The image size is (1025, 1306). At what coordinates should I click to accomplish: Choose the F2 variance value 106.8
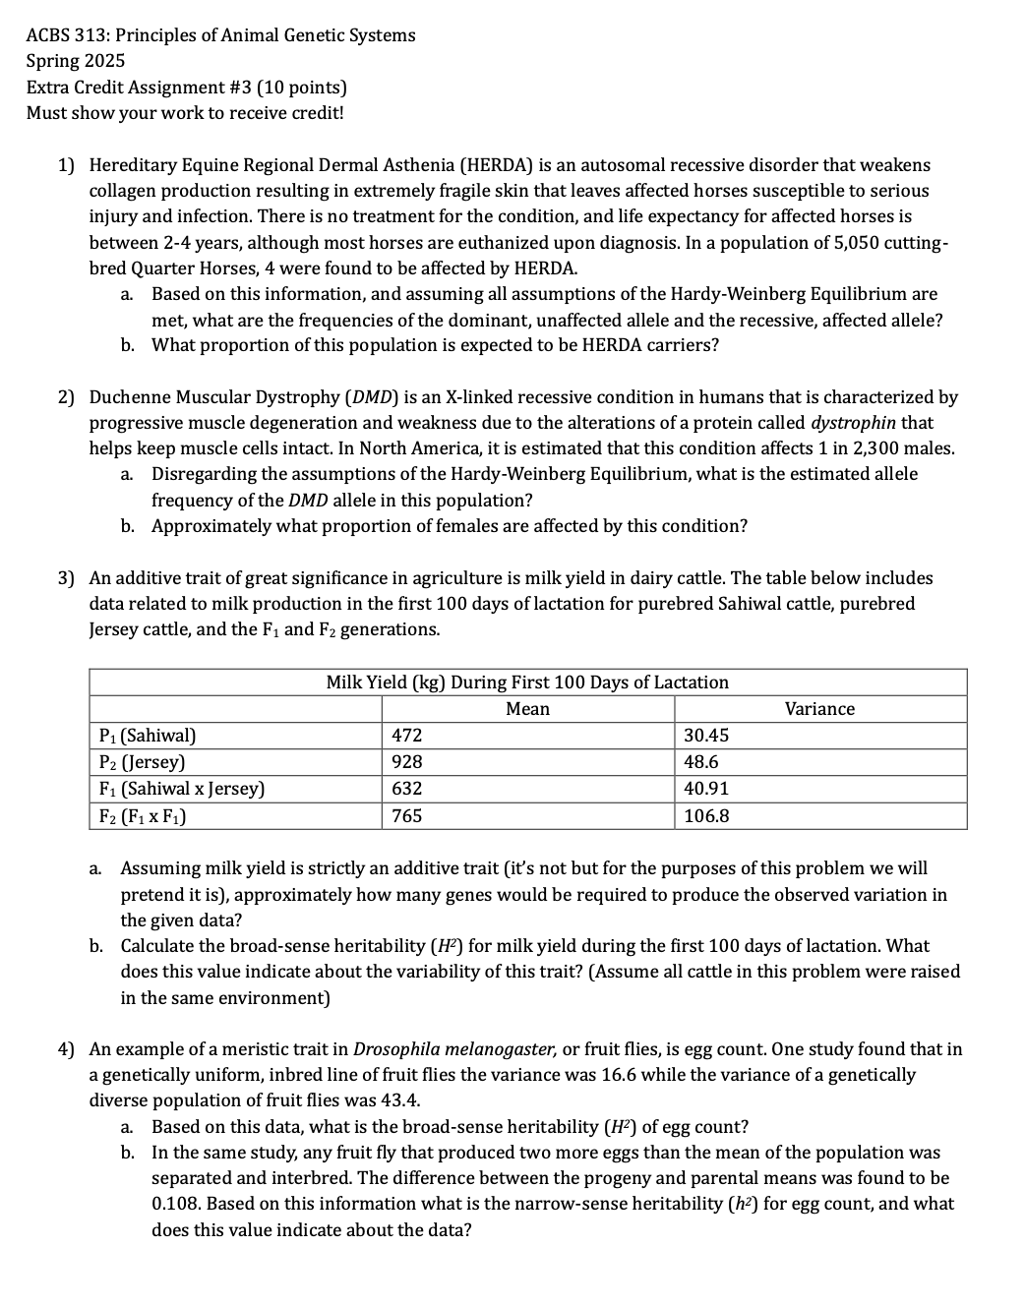pyautogui.click(x=706, y=816)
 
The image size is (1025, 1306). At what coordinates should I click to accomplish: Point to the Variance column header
pyautogui.click(x=819, y=709)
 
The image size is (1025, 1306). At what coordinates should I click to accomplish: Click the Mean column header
pyautogui.click(x=527, y=709)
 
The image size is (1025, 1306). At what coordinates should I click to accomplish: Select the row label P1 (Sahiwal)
pyautogui.click(x=148, y=736)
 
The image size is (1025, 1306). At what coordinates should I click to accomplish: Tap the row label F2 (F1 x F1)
pyautogui.click(x=144, y=816)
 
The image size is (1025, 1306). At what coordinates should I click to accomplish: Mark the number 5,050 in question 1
pyautogui.click(x=820, y=243)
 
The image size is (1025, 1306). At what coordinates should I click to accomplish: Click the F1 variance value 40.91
pyautogui.click(x=706, y=789)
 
